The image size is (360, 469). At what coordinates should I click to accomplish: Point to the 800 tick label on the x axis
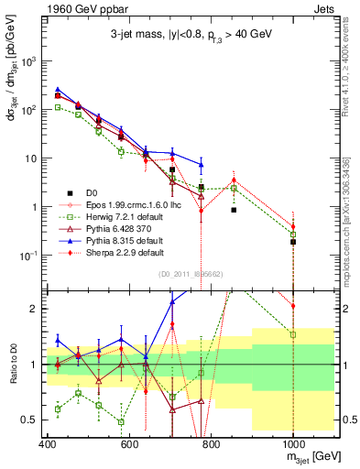point(211,444)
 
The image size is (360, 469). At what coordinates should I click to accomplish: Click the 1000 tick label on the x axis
point(292,444)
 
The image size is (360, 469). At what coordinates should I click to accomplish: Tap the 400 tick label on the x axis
point(49,444)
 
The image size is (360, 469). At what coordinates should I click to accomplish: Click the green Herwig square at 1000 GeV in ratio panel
point(293,334)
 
